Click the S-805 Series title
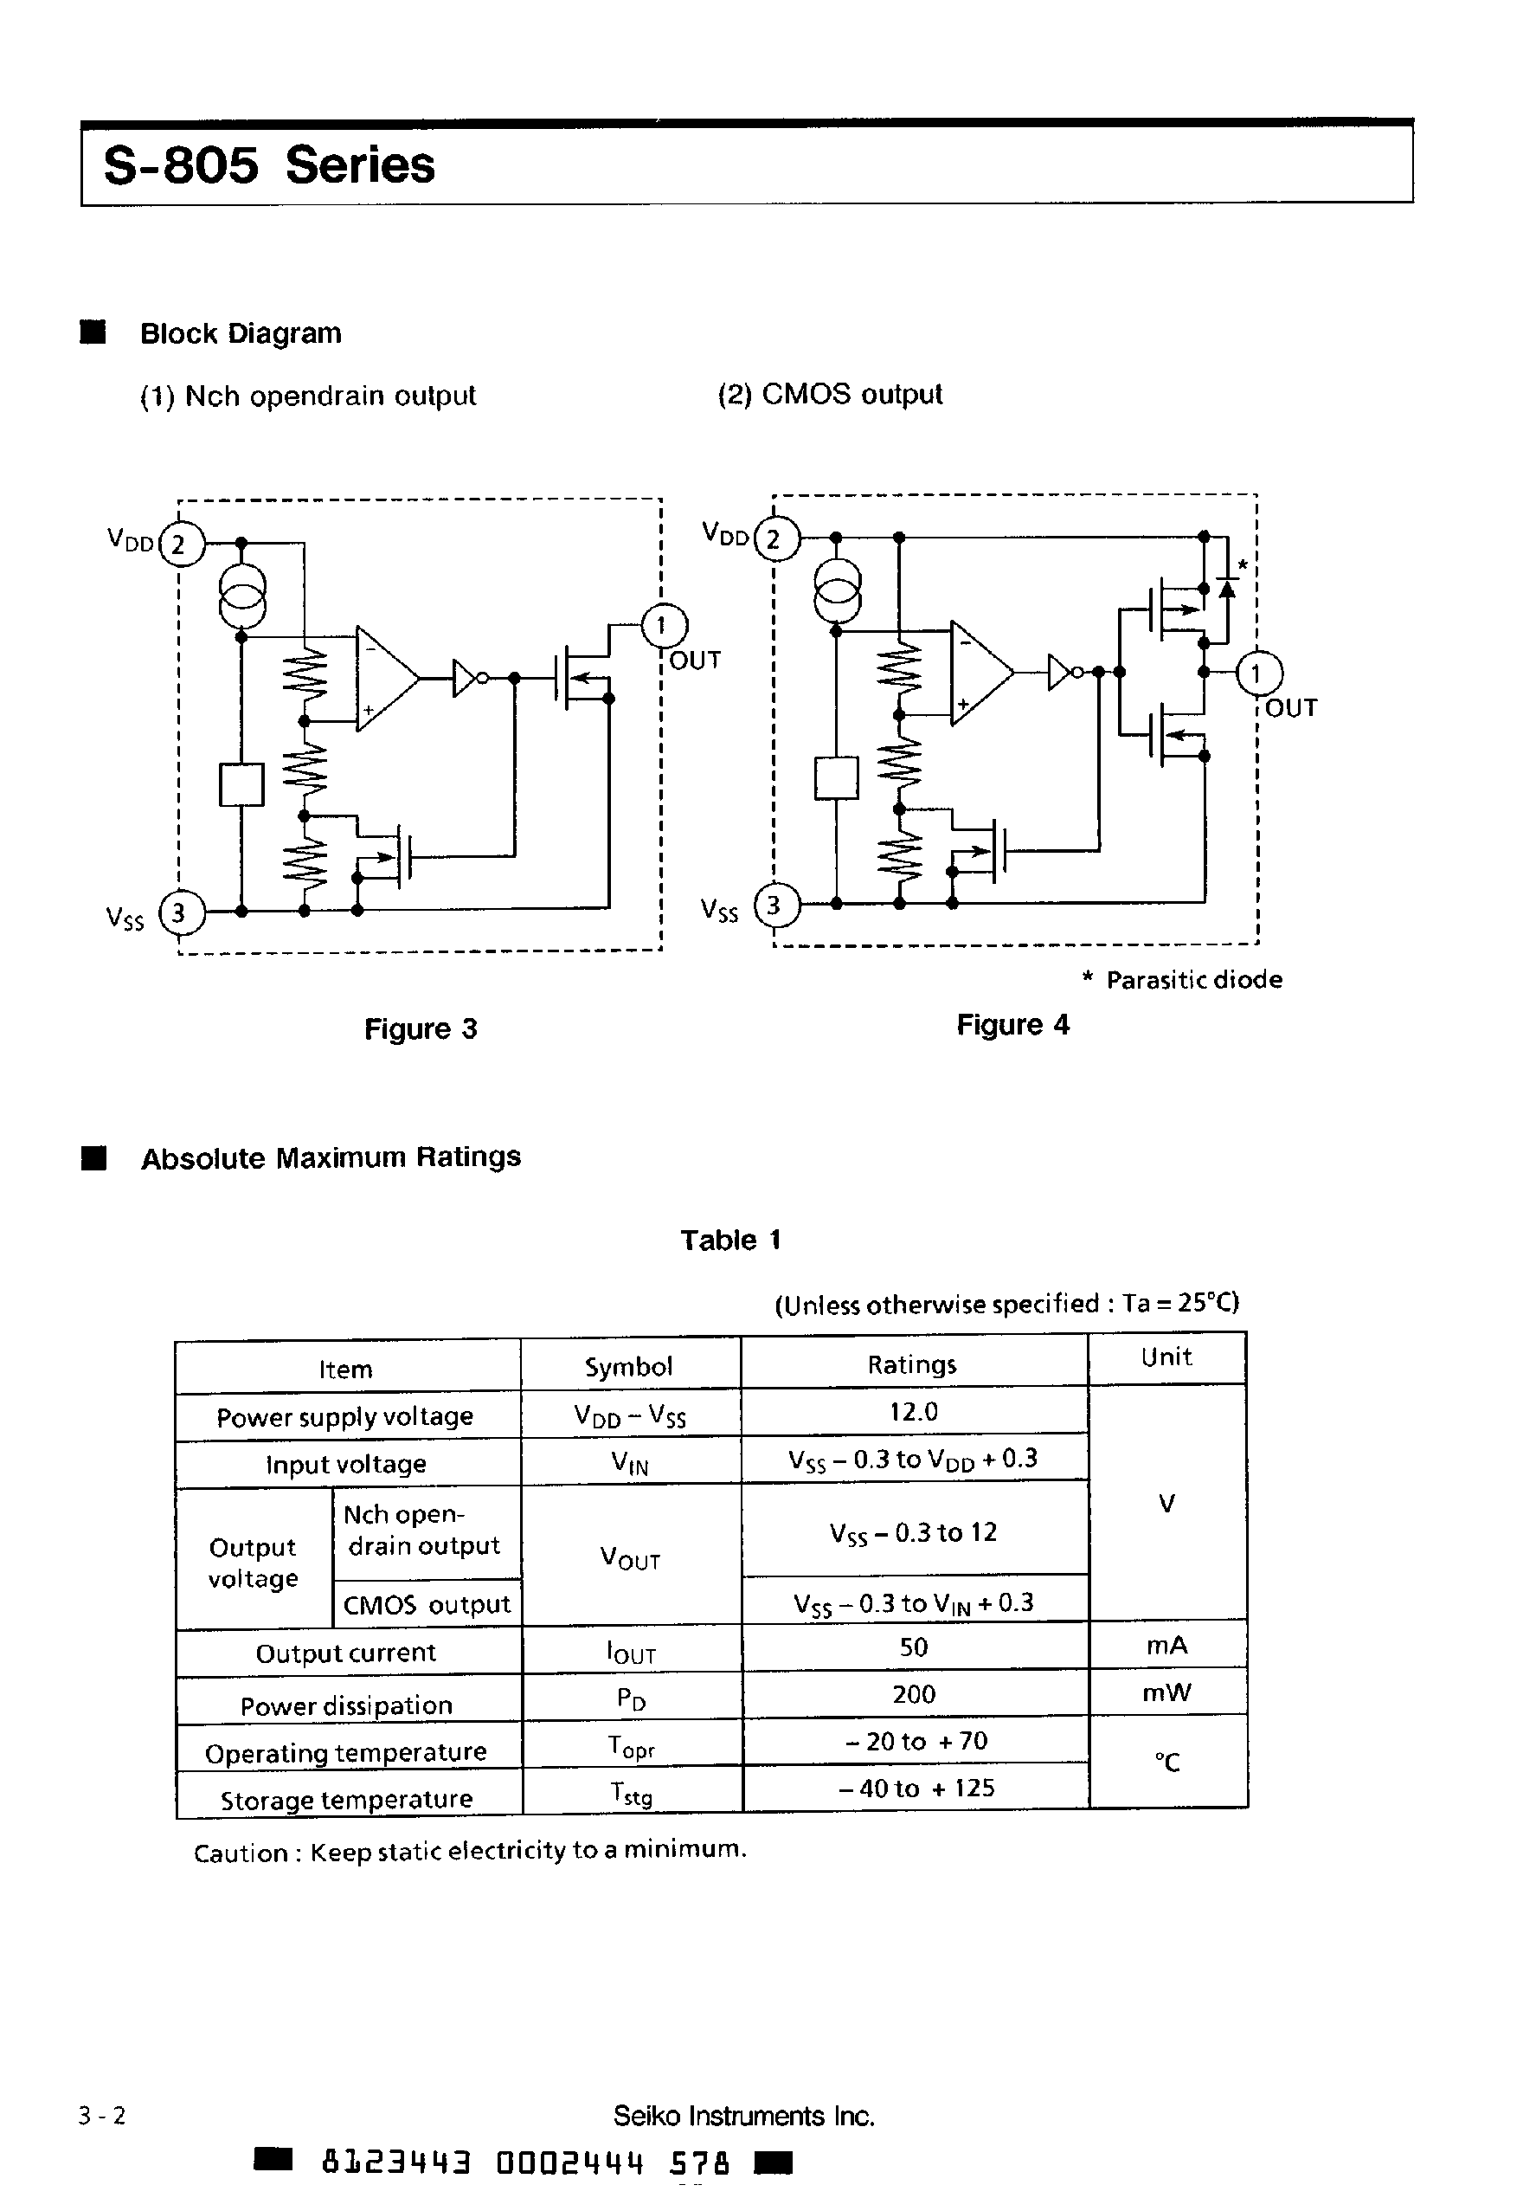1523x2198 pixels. click(268, 165)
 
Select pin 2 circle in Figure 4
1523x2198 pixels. click(774, 539)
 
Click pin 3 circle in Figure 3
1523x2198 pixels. click(179, 912)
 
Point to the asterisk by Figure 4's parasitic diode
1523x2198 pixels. click(1243, 565)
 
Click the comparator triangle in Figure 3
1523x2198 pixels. click(383, 679)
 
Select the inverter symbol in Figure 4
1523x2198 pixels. click(1061, 672)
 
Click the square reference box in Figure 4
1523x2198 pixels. click(836, 778)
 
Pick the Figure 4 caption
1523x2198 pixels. click(1012, 1025)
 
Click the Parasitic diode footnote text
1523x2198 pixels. click(1192, 980)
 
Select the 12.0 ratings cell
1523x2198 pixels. click(913, 1412)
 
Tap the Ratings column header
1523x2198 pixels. click(911, 1365)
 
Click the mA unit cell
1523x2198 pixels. click(1166, 1646)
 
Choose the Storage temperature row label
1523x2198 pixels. click(346, 1799)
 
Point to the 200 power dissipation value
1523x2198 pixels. click(913, 1694)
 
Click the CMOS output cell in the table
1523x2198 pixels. click(427, 1604)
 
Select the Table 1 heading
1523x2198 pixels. click(730, 1240)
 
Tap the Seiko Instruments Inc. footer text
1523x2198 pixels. click(743, 2116)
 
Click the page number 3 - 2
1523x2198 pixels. click(102, 2116)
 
